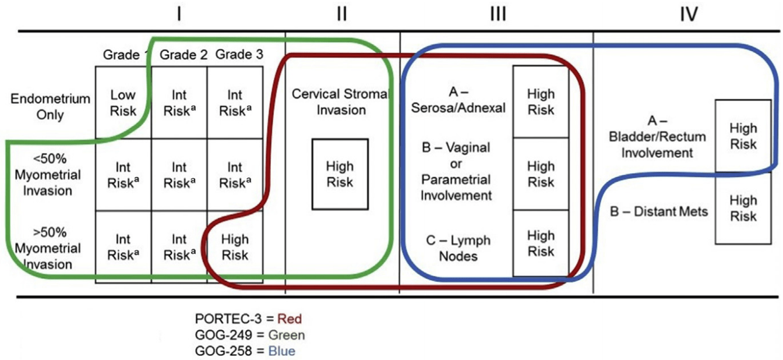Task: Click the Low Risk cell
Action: coord(123,103)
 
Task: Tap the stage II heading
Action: coord(341,14)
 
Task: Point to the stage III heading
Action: coord(497,14)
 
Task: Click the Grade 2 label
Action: coord(184,55)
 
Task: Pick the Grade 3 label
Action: coord(239,55)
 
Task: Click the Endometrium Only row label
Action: coord(51,107)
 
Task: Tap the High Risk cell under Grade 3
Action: coord(235,247)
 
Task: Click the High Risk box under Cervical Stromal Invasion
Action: coord(340,174)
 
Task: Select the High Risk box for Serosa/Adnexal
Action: coord(541,102)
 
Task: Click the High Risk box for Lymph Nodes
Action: coord(541,243)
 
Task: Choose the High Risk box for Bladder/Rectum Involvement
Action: coord(743,136)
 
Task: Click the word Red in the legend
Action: coord(290,319)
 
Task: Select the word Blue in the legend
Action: coord(283,351)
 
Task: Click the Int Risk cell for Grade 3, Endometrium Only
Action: coord(235,103)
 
